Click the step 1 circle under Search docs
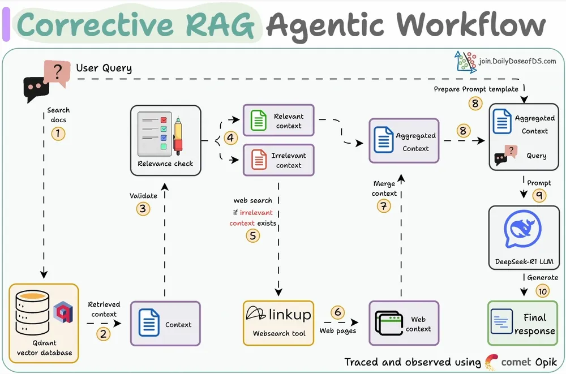point(58,134)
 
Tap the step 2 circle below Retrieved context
point(103,334)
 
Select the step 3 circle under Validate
point(143,209)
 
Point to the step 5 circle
point(252,236)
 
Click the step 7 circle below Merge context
point(384,206)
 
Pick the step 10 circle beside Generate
point(543,291)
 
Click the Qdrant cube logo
point(63,313)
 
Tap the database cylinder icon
point(32,313)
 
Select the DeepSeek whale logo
point(523,229)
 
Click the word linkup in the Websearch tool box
point(290,315)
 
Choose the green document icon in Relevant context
point(259,121)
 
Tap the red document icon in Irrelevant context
point(259,160)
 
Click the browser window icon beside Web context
point(389,323)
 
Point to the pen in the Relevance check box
point(178,136)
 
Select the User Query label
point(104,68)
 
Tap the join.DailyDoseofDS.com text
point(517,61)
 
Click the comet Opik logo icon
point(491,362)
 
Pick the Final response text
point(535,324)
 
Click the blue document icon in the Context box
point(149,323)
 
